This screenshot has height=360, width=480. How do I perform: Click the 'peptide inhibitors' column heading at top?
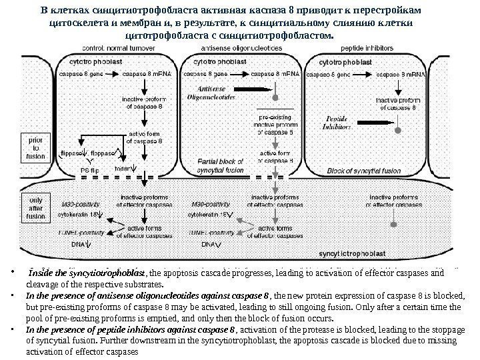click(x=366, y=48)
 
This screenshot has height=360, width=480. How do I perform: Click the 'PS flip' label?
click(x=94, y=171)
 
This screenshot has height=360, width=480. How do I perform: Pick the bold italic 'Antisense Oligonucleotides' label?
click(x=213, y=92)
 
